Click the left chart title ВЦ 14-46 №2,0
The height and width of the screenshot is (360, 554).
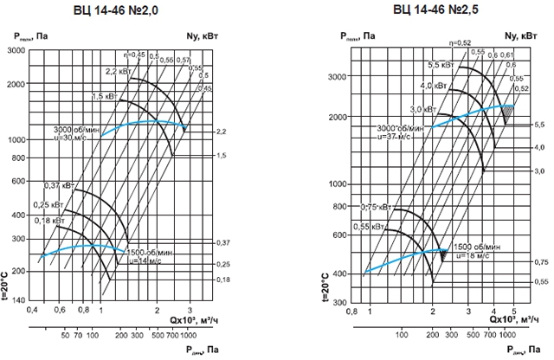pyautogui.click(x=122, y=10)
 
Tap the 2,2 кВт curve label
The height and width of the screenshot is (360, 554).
pyautogui.click(x=117, y=71)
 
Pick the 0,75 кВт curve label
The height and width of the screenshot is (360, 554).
pyautogui.click(x=373, y=207)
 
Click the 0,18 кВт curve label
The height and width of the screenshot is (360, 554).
pyautogui.click(x=49, y=221)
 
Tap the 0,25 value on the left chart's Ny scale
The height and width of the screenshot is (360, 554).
pyautogui.click(x=222, y=263)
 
